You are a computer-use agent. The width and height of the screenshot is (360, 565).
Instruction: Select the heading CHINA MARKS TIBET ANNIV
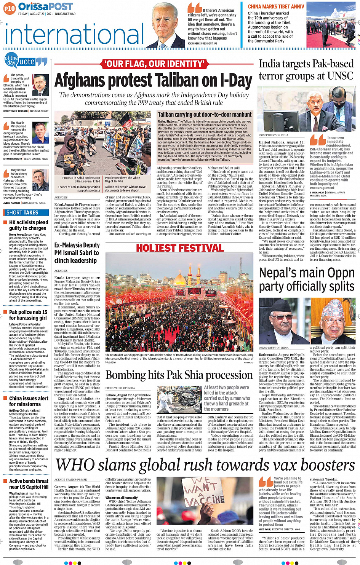point(276,6)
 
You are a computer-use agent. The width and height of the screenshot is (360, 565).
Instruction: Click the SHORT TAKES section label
point(22,212)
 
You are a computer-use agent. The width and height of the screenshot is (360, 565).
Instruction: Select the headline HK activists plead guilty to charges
point(29,225)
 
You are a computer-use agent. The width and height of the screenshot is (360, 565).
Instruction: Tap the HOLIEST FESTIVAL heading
point(180,248)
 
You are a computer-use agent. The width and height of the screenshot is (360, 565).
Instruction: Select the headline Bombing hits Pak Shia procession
point(179,375)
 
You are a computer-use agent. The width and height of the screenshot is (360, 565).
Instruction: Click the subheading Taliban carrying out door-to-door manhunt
point(205,114)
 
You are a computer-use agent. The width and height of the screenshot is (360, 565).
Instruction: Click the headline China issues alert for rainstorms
point(29,401)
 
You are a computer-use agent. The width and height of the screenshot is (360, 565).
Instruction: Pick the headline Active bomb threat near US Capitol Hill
point(29,484)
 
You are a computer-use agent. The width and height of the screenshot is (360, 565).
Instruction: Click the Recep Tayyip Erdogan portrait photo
point(40,85)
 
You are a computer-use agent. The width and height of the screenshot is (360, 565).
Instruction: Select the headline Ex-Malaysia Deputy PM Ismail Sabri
point(77,253)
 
